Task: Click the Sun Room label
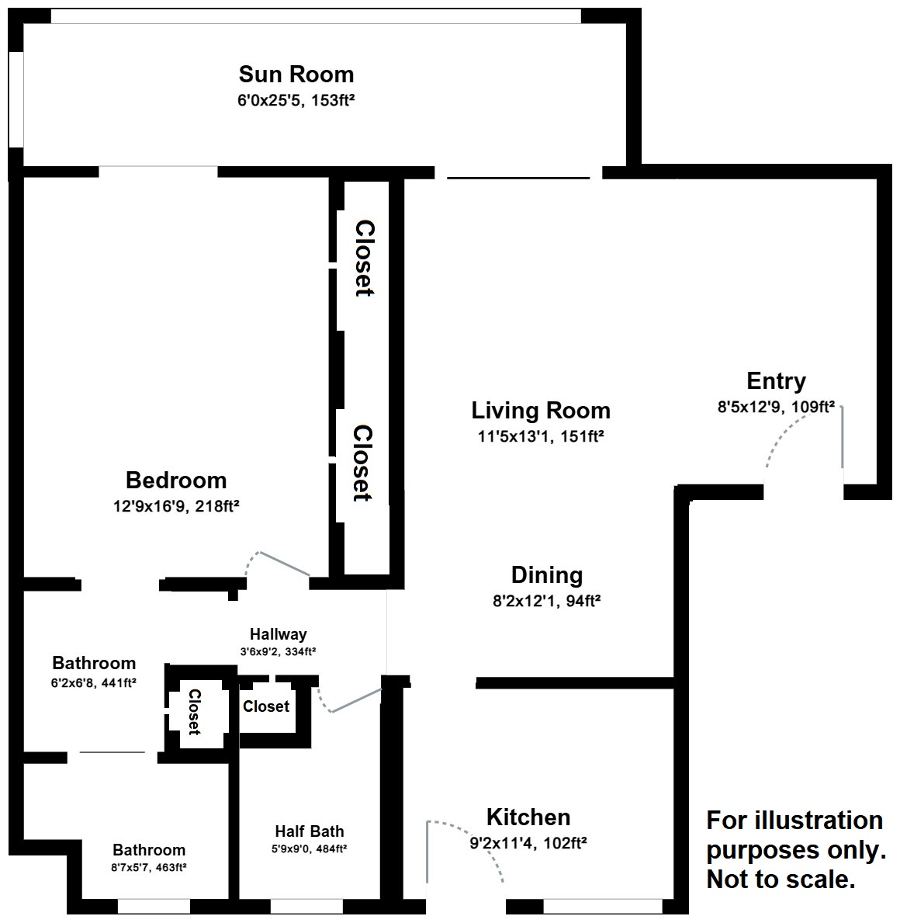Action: point(296,75)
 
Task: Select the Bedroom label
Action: point(176,481)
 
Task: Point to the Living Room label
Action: point(541,410)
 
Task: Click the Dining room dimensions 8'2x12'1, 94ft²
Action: point(548,600)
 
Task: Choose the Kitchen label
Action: point(528,817)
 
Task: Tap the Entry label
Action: point(776,381)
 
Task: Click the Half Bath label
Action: point(309,831)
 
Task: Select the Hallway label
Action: point(278,634)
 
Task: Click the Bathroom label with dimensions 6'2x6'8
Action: point(94,664)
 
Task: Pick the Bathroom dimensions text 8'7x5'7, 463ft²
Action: point(149,867)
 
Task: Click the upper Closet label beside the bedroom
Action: point(364,258)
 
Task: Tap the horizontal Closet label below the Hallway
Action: point(266,706)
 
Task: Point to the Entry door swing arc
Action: point(784,435)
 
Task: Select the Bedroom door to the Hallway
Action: point(283,564)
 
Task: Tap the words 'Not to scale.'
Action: point(781,880)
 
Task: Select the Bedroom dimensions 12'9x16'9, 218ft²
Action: point(175,506)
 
